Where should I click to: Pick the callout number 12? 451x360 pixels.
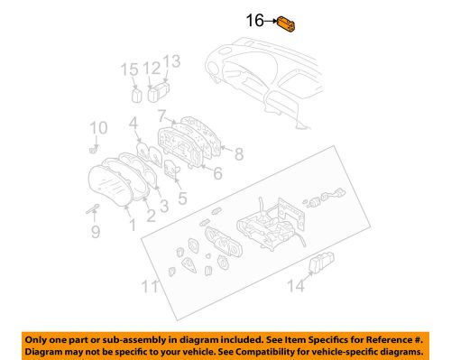152,68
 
